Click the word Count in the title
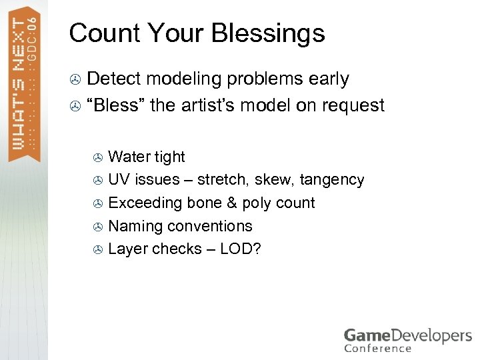point(99,33)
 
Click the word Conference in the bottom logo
point(377,348)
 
